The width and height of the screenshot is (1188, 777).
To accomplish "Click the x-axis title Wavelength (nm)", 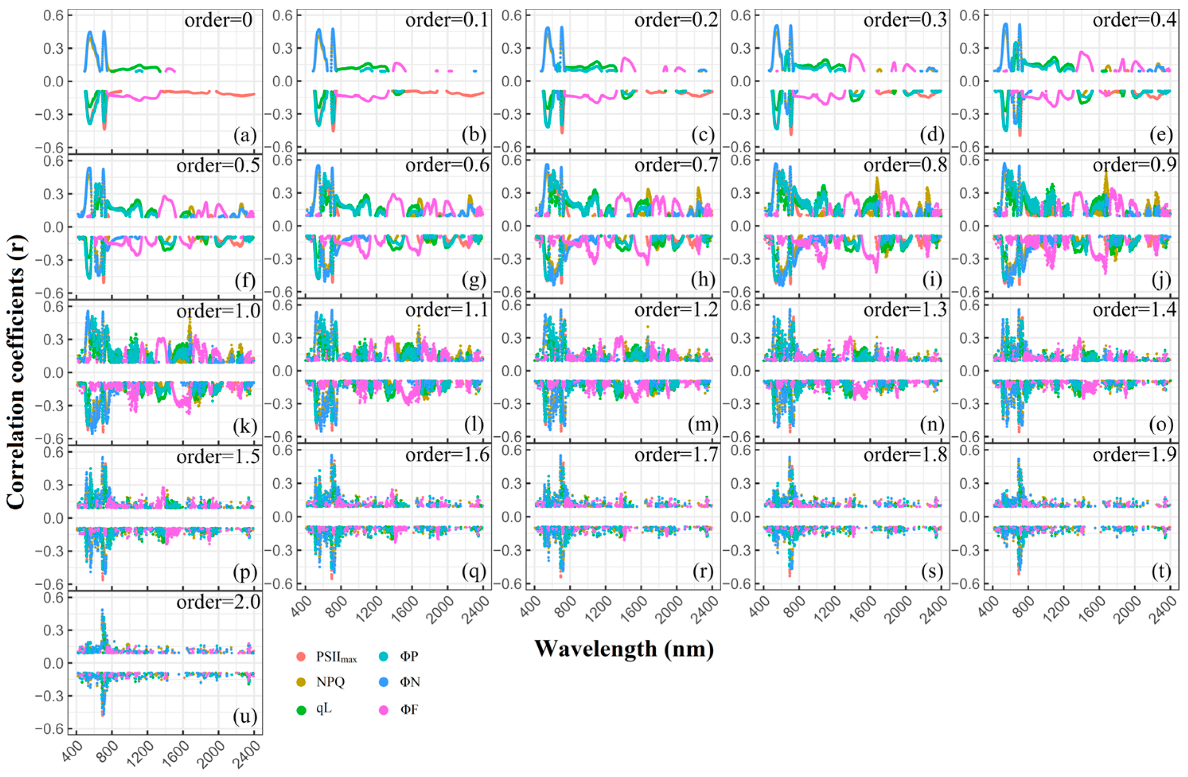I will (623, 649).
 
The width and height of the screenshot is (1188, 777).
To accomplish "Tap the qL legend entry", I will (323, 709).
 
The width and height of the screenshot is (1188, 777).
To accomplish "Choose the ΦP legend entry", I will (408, 656).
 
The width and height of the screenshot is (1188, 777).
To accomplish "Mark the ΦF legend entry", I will (408, 709).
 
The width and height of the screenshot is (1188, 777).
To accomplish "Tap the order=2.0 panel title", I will (218, 602).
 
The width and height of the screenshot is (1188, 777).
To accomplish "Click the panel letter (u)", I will (245, 716).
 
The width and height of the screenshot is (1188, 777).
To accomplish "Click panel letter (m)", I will (703, 425).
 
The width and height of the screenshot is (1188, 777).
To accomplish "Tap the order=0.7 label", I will (676, 165).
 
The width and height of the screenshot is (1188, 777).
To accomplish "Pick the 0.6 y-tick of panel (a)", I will (53, 16).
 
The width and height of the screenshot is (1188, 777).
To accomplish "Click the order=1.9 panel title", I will (1134, 455).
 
